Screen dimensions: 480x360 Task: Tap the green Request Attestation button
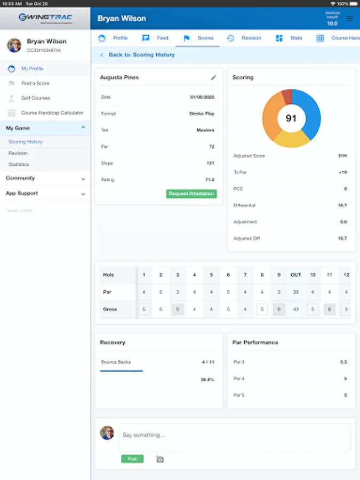coord(191,194)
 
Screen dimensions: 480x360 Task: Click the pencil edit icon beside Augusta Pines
coord(214,77)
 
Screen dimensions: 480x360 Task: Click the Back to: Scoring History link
coord(141,55)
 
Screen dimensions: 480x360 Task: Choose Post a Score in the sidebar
coord(35,83)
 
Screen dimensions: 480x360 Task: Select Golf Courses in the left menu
coord(35,98)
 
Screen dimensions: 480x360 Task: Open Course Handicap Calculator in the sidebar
coord(52,113)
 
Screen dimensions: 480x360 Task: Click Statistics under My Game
coord(19,164)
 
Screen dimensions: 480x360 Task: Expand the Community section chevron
coord(83,179)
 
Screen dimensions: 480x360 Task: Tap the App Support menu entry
coord(22,194)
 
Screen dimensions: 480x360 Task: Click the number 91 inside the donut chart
coord(291,118)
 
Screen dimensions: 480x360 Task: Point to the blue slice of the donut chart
coord(310,112)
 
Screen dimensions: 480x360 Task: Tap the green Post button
coord(132,459)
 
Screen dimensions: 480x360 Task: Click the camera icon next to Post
coord(160,459)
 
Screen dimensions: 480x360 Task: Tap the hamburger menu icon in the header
coord(350,19)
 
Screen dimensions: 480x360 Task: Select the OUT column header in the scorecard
coord(295,275)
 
